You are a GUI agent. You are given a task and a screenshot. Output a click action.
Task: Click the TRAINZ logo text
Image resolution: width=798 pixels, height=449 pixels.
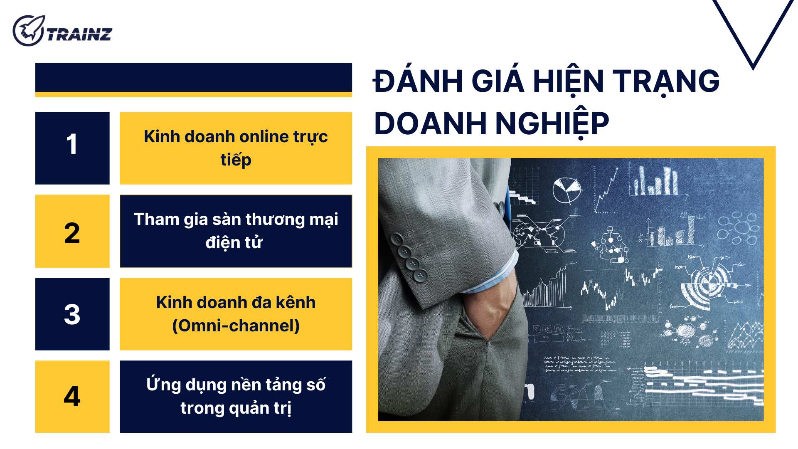coord(79,35)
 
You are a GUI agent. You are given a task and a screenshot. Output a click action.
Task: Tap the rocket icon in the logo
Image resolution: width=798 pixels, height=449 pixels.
coord(28,30)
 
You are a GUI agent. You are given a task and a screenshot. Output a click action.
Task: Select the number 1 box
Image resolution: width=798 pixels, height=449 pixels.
coord(72,148)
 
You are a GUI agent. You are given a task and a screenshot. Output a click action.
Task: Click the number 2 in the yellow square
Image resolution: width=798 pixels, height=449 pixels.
coord(72,233)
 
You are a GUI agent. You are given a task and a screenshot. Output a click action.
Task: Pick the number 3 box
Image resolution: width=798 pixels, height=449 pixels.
coord(72,314)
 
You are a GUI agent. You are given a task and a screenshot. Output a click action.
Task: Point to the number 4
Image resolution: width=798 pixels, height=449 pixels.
coord(72,396)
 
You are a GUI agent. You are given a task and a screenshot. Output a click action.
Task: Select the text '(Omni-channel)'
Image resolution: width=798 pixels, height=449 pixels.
coord(236,326)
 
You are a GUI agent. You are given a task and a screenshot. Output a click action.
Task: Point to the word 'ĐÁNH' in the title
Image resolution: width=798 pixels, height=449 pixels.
coord(418,81)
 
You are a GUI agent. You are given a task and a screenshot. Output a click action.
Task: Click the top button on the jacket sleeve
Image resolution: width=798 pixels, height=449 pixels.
coord(397,239)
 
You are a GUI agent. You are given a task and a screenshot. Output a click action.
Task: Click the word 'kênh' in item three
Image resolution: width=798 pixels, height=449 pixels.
coord(296,303)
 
